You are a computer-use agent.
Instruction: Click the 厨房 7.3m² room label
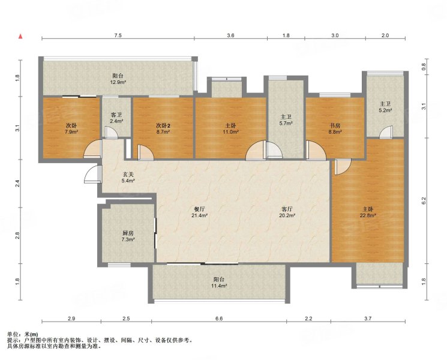pos(128,236)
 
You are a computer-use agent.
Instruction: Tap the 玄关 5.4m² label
pos(128,177)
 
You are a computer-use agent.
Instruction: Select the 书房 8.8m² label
pos(335,128)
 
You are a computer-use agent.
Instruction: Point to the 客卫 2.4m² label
pos(116,118)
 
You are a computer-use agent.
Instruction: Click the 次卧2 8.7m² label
pos(163,128)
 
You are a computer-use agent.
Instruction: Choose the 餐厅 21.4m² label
pos(199,212)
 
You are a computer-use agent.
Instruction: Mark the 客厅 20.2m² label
pos(287,212)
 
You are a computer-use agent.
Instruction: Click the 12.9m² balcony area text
pos(118,82)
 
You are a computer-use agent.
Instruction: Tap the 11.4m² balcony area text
pos(219,286)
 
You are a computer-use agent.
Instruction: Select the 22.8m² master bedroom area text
pos(368,215)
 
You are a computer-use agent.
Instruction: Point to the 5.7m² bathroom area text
pos(286,123)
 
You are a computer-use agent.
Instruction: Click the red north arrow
pos(20,36)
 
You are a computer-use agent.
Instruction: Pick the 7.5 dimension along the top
pos(118,35)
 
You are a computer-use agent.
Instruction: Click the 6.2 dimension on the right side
pos(424,200)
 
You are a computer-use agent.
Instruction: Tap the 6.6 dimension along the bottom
pos(219,319)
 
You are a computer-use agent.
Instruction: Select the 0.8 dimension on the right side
pos(424,67)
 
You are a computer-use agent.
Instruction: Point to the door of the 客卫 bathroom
pos(110,133)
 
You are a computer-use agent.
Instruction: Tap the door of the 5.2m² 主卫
pos(386,133)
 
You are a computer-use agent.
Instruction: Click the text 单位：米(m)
pos(23,334)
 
